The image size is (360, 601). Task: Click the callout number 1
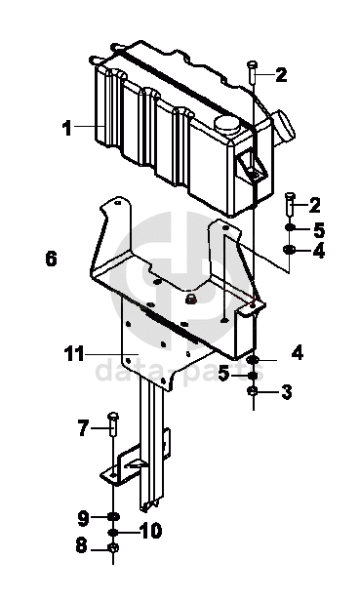67,128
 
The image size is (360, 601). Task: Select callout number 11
74,353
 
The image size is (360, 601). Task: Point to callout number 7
83,427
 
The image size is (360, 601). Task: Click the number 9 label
84,518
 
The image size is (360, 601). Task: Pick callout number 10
150,531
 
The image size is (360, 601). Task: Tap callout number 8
81,545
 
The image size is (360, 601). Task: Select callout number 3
287,392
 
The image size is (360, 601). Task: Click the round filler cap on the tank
226,125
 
